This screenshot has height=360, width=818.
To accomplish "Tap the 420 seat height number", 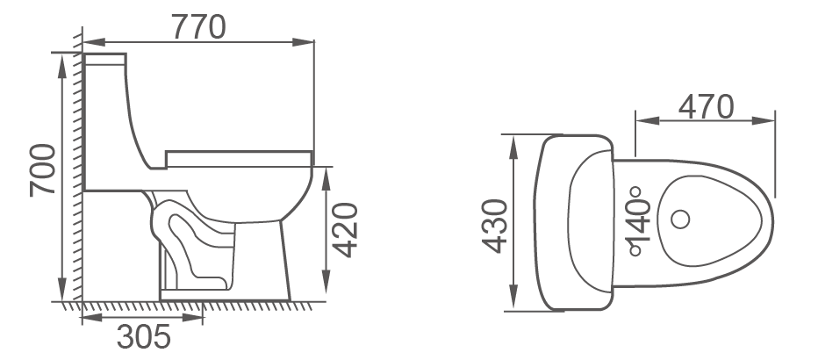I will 348,230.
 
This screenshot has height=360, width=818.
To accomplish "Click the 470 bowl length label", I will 705,106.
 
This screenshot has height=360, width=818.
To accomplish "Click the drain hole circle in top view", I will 678,219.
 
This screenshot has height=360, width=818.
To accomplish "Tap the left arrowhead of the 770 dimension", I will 87,40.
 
